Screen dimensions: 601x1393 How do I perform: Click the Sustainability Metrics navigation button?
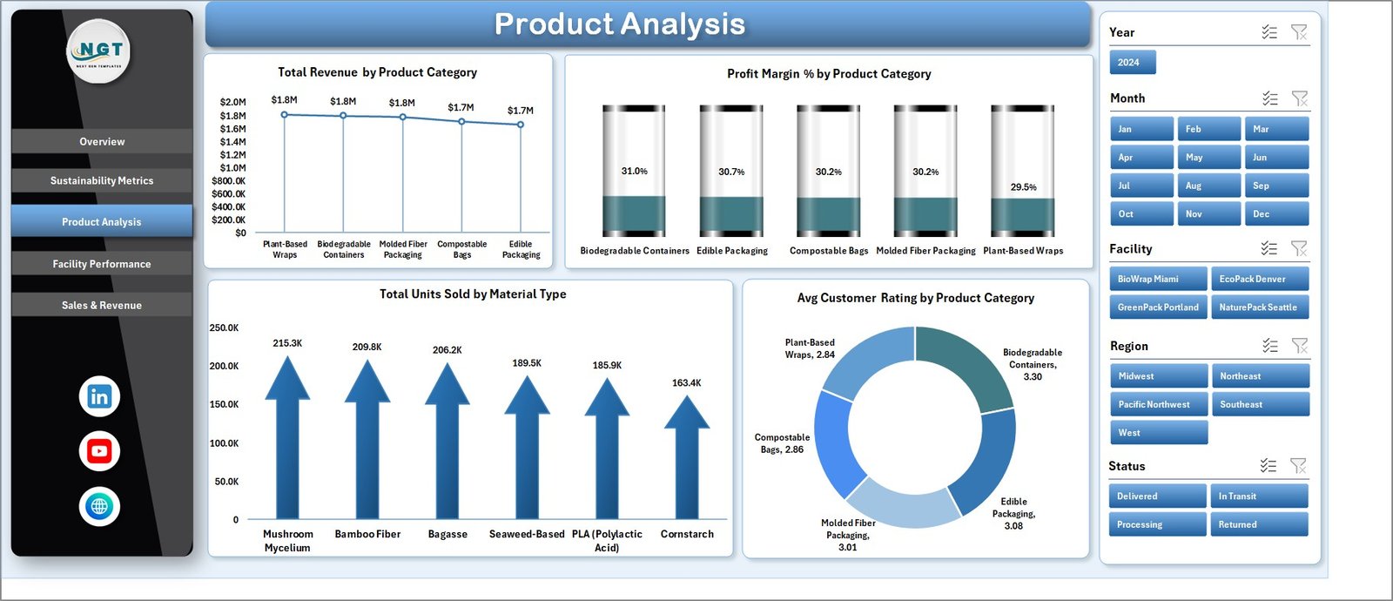(102, 180)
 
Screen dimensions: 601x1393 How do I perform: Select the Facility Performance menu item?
(102, 264)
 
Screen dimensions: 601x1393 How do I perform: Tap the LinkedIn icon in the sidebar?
(99, 396)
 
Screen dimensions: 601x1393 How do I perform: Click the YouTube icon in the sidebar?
(99, 451)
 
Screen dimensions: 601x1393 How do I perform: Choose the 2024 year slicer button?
(1132, 63)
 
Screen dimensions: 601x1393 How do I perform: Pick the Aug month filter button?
(1208, 186)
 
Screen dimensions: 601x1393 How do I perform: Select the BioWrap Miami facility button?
(1157, 279)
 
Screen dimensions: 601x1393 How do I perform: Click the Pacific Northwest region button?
(1157, 404)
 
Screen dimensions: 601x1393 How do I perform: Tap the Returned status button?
(1258, 524)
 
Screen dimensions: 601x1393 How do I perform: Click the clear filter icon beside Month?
(1299, 98)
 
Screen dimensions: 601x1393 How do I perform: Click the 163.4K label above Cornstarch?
(686, 383)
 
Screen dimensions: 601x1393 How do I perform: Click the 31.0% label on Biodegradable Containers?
(634, 172)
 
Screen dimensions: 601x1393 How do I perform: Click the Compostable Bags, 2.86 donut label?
(782, 443)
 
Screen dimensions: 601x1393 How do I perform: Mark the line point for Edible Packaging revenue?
(521, 125)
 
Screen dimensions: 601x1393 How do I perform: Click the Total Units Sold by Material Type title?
(473, 294)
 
